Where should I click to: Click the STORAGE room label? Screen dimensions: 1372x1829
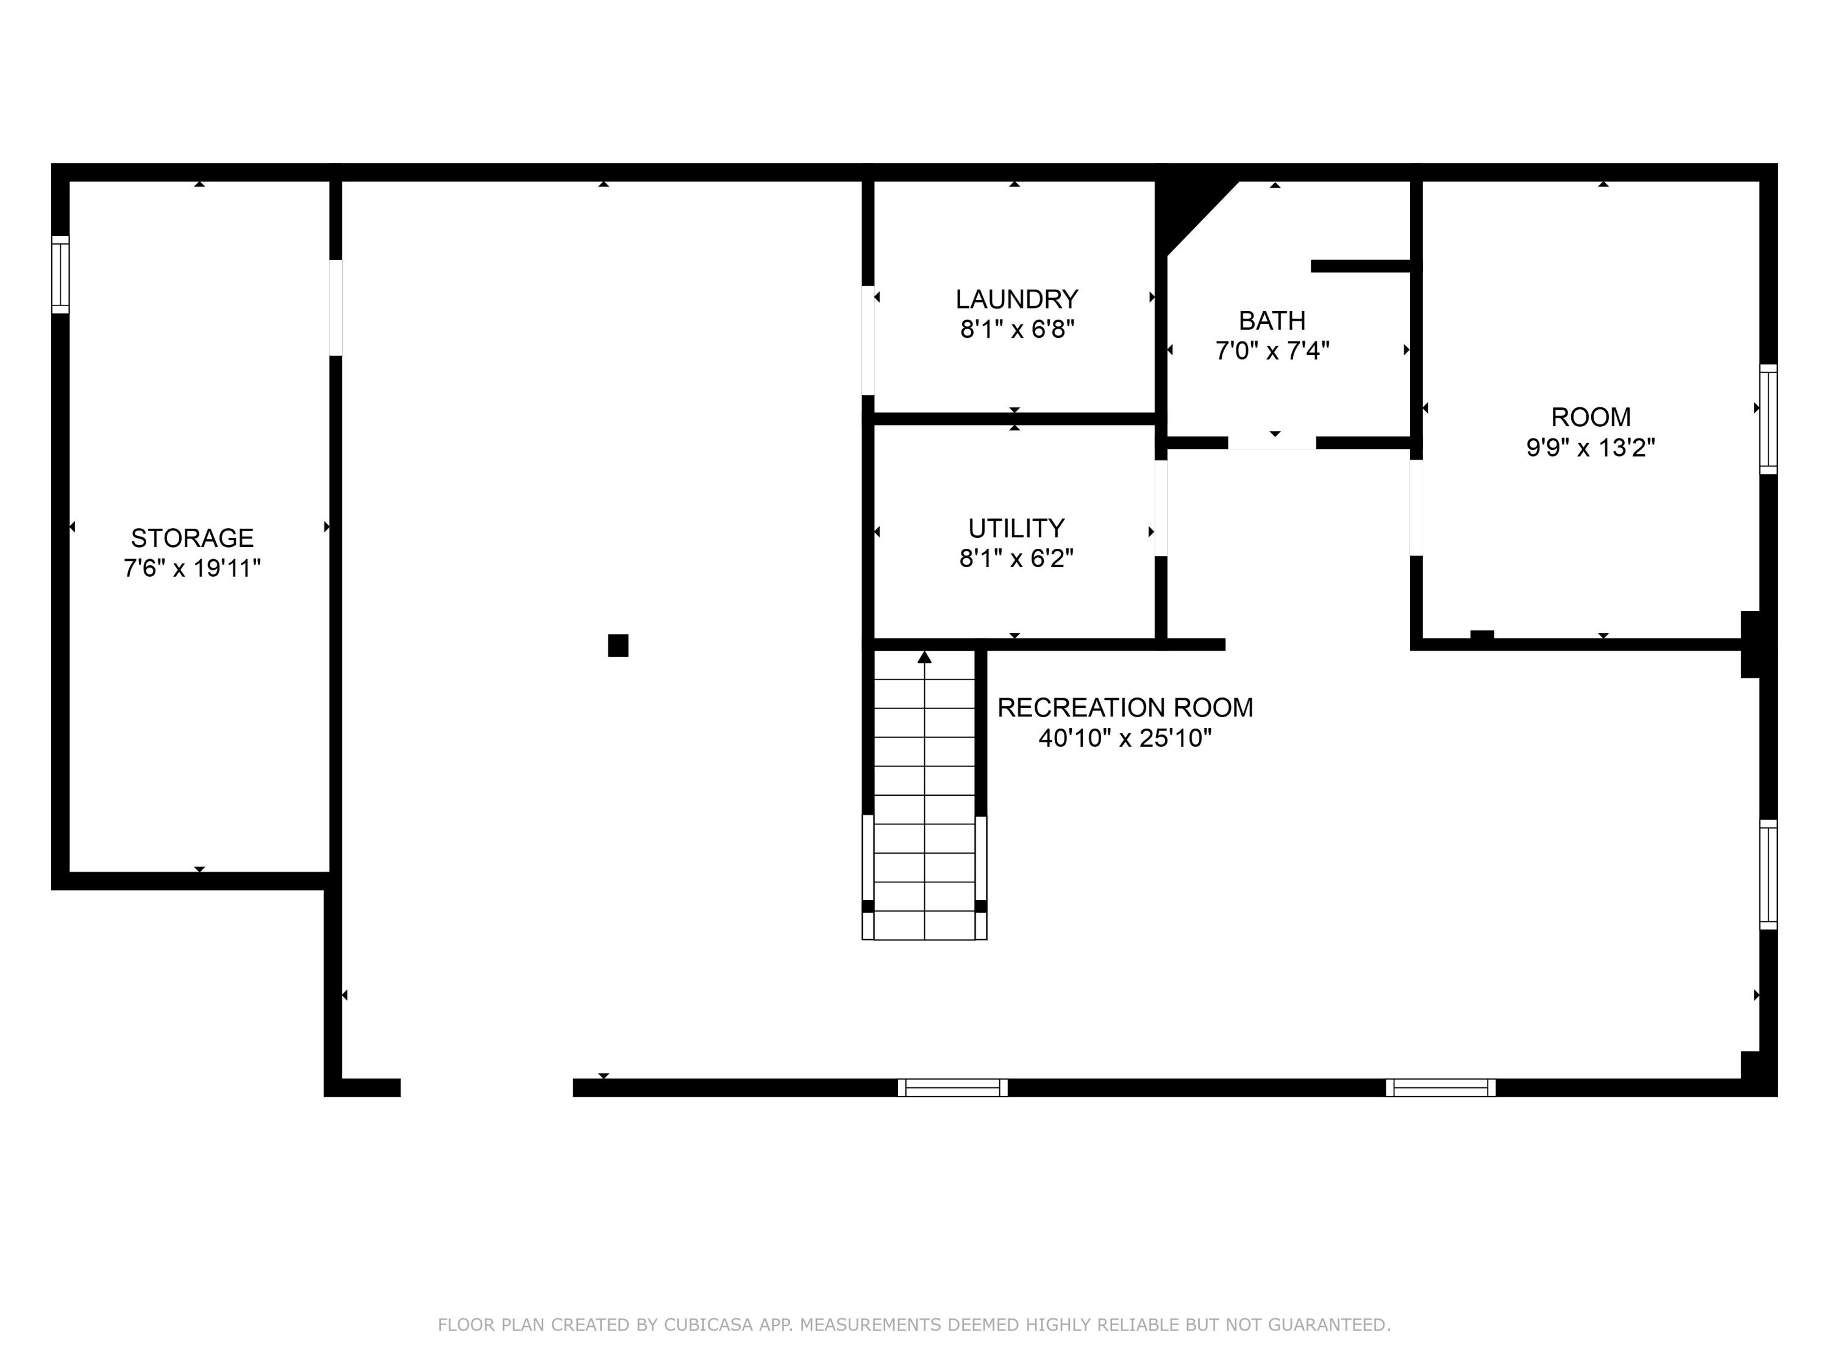click(192, 538)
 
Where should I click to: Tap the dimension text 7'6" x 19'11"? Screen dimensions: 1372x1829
click(192, 569)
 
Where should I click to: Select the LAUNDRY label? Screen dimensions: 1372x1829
click(1016, 299)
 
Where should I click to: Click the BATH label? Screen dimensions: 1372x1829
click(1272, 321)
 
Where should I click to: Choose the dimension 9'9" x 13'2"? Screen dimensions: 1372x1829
click(1590, 448)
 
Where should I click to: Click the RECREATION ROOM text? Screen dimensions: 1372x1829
click(1124, 708)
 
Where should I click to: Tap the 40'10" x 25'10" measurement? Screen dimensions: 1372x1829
click(1124, 738)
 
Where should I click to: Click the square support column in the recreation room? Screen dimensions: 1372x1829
click(618, 645)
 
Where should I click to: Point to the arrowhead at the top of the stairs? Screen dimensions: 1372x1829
click(924, 657)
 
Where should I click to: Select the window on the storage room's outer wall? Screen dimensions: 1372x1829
click(60, 274)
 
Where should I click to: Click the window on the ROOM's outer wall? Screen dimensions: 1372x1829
click(1768, 420)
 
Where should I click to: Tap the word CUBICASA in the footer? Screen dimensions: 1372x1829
click(708, 1325)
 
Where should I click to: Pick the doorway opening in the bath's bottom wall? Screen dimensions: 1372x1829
click(1272, 443)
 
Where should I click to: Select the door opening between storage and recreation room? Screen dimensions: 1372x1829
click(336, 308)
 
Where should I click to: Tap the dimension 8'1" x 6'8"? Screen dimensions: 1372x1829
click(1016, 330)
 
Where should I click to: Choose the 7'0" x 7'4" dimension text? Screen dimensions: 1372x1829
click(1272, 351)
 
